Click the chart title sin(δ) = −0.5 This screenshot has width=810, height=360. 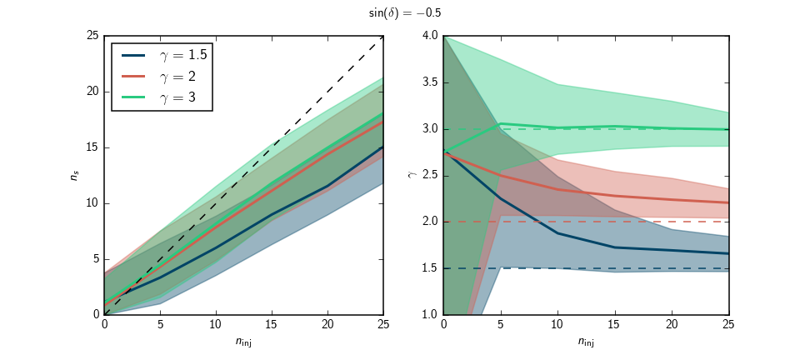[405, 13]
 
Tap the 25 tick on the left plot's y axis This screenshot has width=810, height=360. [93, 36]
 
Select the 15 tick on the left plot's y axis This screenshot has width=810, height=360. [93, 147]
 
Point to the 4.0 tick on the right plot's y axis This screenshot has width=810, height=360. [429, 36]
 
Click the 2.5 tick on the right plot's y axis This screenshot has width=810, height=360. [429, 175]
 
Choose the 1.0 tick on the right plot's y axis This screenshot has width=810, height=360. [429, 314]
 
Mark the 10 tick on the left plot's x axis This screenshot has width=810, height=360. [216, 325]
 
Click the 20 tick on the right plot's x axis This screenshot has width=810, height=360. [672, 325]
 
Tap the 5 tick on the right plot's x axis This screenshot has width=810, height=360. [501, 325]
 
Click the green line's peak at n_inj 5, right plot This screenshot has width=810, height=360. [501, 123]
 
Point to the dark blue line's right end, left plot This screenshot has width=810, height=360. [383, 147]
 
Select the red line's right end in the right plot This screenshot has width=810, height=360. [728, 202]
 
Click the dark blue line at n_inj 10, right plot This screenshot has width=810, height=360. [557, 232]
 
